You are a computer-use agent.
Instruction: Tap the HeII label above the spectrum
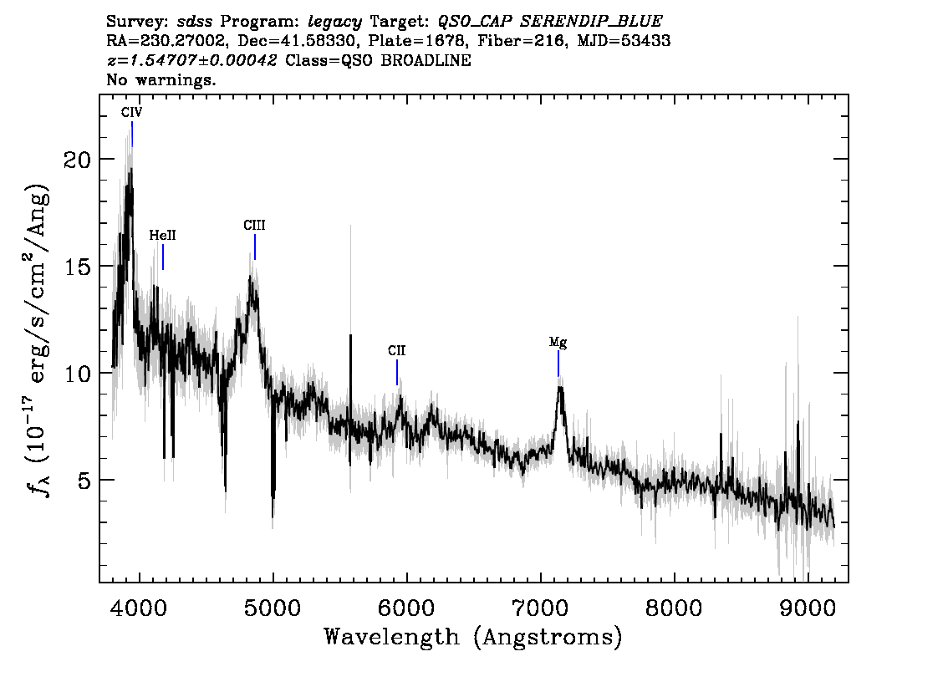tap(162, 237)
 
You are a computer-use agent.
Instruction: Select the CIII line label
tap(254, 226)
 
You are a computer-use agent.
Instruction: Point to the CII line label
tap(396, 351)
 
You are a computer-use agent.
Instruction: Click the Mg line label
tap(558, 342)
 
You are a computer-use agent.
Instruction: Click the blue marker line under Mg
tap(558, 364)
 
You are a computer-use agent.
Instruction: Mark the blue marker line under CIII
tap(255, 247)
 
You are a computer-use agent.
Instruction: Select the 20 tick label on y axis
tap(77, 160)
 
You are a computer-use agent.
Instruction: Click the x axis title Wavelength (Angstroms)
tap(473, 637)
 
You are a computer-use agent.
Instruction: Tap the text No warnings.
tap(161, 81)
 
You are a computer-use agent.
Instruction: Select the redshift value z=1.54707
tap(191, 61)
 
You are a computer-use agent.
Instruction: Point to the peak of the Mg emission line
tap(560, 385)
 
